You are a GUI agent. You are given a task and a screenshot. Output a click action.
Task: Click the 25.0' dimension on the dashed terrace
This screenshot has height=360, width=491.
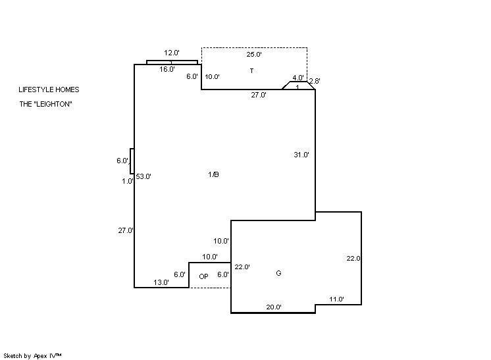254,54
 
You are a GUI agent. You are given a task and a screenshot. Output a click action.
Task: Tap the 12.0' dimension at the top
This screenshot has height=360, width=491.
172,53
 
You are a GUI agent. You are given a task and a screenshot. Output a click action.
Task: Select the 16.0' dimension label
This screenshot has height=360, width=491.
167,69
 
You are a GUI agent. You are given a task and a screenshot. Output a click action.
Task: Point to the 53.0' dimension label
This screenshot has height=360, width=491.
143,176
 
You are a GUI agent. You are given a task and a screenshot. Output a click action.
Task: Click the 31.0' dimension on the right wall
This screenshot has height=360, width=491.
301,155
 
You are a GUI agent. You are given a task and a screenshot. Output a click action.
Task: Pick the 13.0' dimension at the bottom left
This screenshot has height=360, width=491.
161,282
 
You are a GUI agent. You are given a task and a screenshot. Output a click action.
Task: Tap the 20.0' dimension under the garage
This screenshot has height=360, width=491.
274,307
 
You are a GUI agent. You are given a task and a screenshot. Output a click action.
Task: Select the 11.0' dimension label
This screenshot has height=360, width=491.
336,299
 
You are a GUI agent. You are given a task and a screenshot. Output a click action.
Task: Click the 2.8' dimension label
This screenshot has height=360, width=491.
314,81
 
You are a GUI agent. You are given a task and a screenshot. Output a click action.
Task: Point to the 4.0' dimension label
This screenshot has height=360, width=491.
298,78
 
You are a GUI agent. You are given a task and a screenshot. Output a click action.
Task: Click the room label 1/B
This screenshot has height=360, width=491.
213,174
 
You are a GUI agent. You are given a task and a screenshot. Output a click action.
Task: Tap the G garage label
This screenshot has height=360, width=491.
278,273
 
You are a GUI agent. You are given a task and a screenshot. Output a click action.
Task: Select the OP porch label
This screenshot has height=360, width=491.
203,277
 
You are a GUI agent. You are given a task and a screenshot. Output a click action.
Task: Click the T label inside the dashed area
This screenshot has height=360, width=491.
251,70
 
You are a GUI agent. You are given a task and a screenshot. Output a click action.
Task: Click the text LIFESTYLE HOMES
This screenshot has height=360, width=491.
49,90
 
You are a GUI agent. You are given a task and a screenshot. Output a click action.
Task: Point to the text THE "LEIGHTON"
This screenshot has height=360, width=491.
45,103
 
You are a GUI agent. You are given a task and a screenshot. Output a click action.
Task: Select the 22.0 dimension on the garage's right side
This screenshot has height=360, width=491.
353,259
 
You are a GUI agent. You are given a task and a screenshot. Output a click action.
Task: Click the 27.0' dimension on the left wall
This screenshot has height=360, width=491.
126,230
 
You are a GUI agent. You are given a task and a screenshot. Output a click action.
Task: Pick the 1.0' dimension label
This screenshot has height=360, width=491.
128,181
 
